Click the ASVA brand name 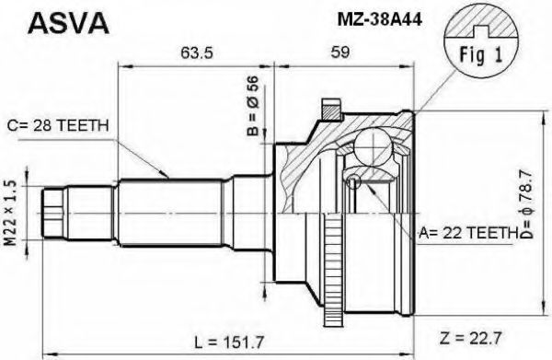68,23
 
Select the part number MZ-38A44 379,20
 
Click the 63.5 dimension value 197,52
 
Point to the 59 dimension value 340,52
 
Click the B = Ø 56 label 253,106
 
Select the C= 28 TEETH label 58,125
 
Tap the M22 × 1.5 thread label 11,213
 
